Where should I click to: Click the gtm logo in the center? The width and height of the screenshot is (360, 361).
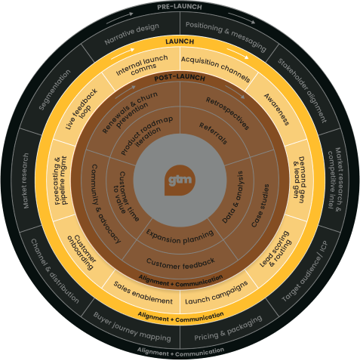point(180,180)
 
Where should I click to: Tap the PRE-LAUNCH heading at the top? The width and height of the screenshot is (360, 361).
point(179,6)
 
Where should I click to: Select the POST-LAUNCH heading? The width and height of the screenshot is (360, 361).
point(179,78)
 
